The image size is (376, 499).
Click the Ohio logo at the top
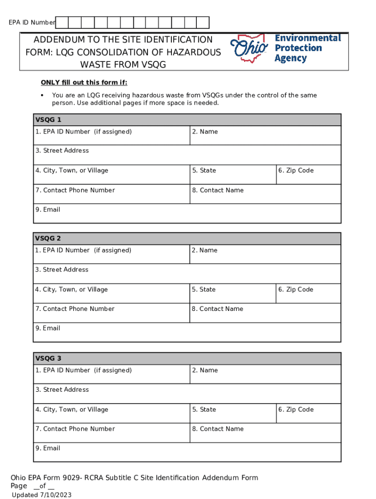pos(249,48)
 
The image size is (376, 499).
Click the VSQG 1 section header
pos(187,120)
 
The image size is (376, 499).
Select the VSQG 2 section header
pos(187,238)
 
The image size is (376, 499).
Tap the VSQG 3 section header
pos(187,359)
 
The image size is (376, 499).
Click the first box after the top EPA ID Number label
pos(62,22)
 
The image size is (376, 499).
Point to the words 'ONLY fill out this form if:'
pos(84,82)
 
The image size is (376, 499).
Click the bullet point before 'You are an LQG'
pos(42,96)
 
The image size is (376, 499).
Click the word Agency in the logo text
pos(291,58)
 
